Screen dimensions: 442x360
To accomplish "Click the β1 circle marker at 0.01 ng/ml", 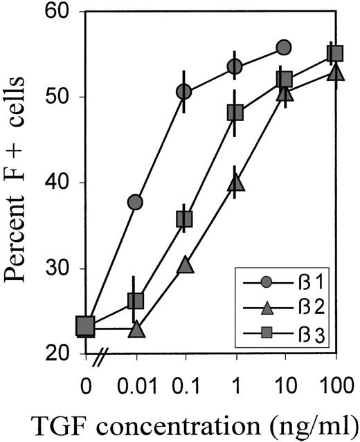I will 135,203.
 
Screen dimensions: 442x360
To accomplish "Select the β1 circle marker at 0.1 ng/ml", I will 184,91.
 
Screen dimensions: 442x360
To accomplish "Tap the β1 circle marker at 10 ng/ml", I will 283,47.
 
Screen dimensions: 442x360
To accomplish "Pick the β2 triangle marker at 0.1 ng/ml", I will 185,264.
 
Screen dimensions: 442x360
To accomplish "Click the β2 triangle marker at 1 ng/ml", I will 235,182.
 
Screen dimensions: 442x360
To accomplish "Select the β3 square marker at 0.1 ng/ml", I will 184,219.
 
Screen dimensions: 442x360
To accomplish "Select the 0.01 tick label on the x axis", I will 135,382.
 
